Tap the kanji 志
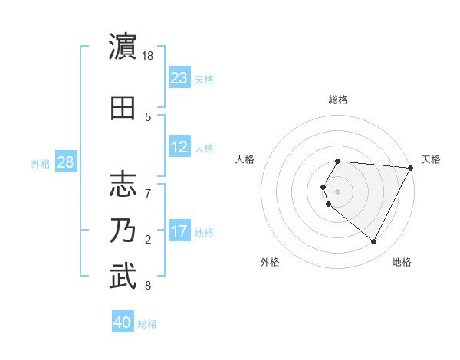(123, 184)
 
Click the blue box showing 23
(179, 78)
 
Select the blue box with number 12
(179, 147)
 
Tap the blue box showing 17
(179, 231)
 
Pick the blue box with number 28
(65, 162)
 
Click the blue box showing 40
(123, 322)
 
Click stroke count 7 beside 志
(148, 185)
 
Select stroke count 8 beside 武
(148, 286)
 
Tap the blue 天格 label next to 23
(204, 79)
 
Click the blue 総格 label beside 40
(148, 323)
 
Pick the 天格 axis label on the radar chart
(431, 159)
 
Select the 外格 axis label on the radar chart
(270, 262)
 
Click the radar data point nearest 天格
(411, 168)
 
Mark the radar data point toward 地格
(374, 242)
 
